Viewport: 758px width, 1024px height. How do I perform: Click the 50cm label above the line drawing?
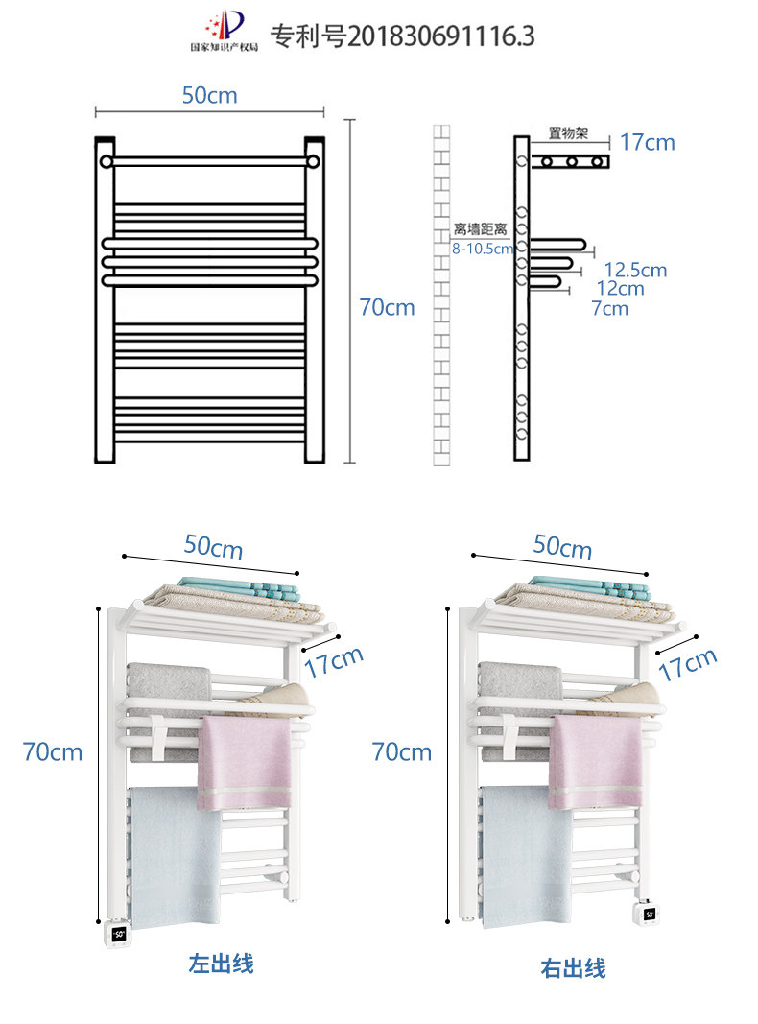(x=209, y=96)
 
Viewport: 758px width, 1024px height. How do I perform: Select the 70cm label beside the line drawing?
(x=387, y=307)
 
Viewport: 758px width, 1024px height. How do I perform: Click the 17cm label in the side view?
(x=648, y=143)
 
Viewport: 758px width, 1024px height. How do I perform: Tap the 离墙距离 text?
(x=480, y=230)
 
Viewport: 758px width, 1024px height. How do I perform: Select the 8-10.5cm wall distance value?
(x=484, y=248)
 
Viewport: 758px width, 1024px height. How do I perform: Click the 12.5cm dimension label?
(x=634, y=270)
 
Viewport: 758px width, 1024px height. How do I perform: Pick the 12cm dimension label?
(x=620, y=288)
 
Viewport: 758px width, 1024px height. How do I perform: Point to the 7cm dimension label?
(x=609, y=308)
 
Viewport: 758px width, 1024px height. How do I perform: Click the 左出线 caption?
(x=222, y=963)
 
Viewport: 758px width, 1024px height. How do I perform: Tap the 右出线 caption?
(x=573, y=968)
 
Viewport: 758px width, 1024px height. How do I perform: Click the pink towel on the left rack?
(x=245, y=763)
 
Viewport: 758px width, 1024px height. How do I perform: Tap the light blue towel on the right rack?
(x=526, y=854)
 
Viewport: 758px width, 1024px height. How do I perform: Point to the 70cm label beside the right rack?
(x=402, y=752)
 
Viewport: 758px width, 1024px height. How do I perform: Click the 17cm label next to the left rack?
(x=334, y=661)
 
